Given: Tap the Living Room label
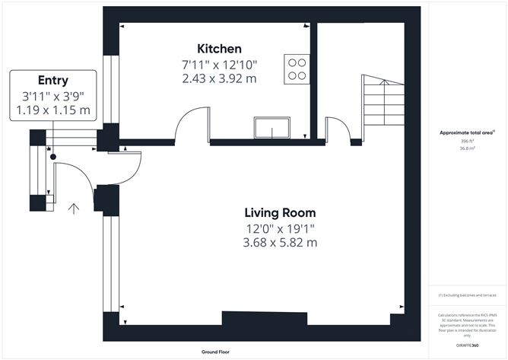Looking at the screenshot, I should pyautogui.click(x=279, y=212).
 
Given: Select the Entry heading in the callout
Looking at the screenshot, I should pyautogui.click(x=53, y=81).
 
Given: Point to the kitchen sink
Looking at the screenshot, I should pyautogui.click(x=270, y=127).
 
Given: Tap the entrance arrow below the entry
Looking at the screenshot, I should pyautogui.click(x=74, y=209).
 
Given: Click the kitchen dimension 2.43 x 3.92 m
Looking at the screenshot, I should pyautogui.click(x=220, y=78).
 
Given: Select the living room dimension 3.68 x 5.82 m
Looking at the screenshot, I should pyautogui.click(x=279, y=242).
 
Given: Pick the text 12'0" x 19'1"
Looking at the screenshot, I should pyautogui.click(x=279, y=228).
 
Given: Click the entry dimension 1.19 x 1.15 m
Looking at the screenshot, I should pyautogui.click(x=53, y=110).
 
